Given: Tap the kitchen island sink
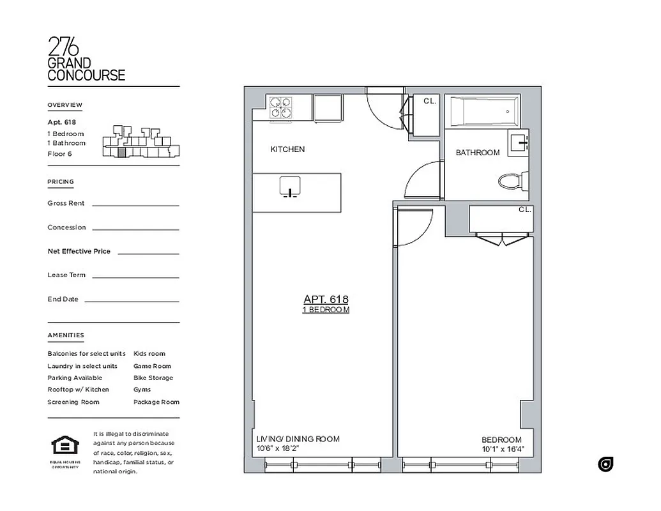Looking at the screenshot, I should point(290,186).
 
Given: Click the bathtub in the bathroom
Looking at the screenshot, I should point(483,112).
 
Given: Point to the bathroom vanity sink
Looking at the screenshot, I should point(519,142).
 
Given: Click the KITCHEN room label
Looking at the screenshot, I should point(287,149).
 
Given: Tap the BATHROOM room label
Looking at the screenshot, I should point(477,153).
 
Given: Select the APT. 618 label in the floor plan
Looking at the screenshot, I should point(326,299).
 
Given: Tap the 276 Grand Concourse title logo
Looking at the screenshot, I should point(86,59).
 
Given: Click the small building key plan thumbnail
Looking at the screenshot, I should point(141,142).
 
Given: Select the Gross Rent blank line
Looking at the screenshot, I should point(135,204).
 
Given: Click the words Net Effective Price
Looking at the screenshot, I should point(79,251).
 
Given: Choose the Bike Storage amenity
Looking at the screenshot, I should point(153,378).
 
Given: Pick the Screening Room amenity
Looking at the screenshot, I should point(73,402).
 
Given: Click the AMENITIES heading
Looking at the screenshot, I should point(65,335).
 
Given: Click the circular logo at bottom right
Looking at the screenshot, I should point(605,464).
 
